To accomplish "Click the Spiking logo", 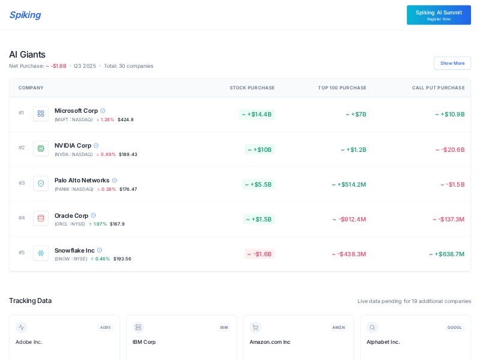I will click(x=25, y=15).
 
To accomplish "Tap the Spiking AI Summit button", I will click(x=439, y=15).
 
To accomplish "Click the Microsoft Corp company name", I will click(x=76, y=110).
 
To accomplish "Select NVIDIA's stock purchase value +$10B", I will click(x=259, y=149).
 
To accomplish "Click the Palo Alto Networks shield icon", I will click(x=41, y=183).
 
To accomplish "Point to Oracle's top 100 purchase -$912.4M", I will click(x=349, y=219).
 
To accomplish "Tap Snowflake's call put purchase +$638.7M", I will click(x=446, y=254).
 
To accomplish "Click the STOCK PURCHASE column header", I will click(x=252, y=88).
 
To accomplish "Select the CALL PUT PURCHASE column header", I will click(x=438, y=88).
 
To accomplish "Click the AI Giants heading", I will click(x=27, y=55).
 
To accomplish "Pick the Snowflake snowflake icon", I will click(x=41, y=253).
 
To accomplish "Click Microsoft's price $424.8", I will click(x=125, y=119).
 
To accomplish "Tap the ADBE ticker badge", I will click(x=106, y=328).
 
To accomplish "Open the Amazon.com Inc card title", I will click(x=270, y=342).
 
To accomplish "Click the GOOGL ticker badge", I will click(x=455, y=328).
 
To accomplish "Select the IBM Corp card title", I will click(x=144, y=342).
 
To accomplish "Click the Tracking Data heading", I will click(x=30, y=301).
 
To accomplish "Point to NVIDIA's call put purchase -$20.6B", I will click(x=450, y=149).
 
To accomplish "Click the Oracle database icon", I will click(x=41, y=218).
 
